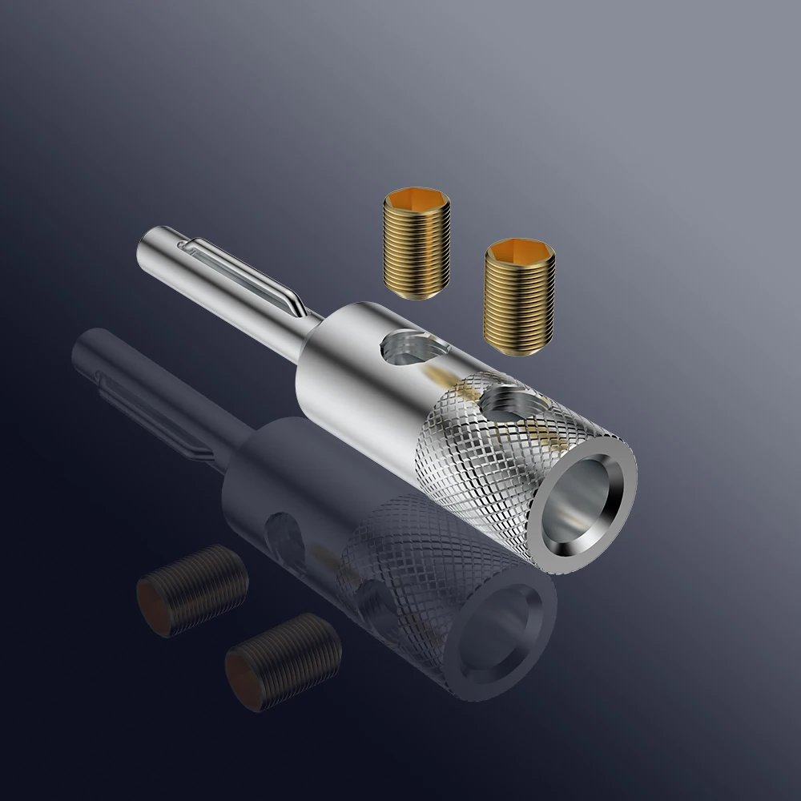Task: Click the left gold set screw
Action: point(416,244)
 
